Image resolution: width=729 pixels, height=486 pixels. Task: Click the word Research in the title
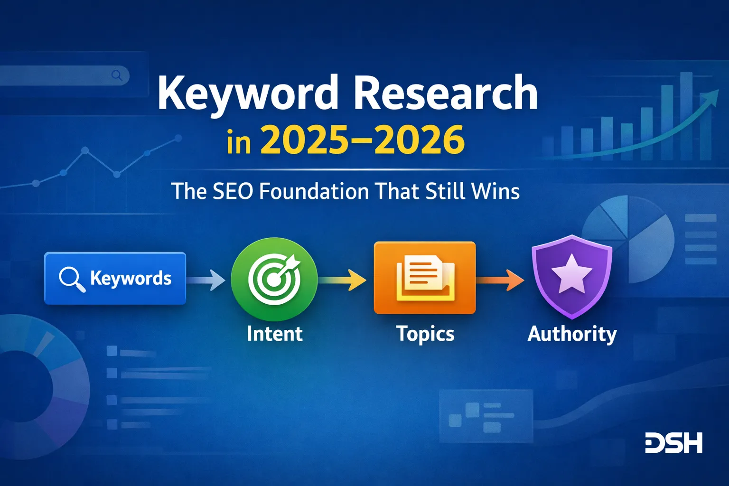click(x=446, y=93)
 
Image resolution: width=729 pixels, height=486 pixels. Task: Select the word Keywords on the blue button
click(x=131, y=279)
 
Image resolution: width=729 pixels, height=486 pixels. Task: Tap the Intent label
click(x=274, y=334)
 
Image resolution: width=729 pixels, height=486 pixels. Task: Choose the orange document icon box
click(x=424, y=278)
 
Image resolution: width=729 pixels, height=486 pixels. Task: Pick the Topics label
click(x=425, y=334)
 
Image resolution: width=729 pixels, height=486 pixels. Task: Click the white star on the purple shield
click(x=571, y=274)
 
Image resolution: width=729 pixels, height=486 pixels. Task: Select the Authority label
click(x=572, y=334)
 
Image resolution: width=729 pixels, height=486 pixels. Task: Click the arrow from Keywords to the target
click(x=206, y=280)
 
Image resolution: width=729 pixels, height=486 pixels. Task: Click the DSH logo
click(x=673, y=443)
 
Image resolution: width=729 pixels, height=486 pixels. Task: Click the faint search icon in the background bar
click(x=117, y=75)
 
